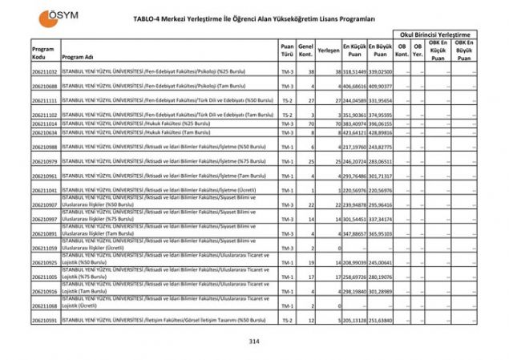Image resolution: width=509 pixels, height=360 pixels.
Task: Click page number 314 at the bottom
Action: (x=255, y=342)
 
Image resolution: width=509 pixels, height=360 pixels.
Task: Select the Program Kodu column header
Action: (x=43, y=53)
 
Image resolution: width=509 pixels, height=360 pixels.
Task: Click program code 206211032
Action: (x=45, y=71)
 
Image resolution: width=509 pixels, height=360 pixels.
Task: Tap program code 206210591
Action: (x=45, y=320)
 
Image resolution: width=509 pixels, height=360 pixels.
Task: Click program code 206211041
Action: (x=45, y=190)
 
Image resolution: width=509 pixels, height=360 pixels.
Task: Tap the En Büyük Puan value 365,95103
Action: (x=381, y=233)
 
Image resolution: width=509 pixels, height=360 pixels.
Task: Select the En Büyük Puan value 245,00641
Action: (x=381, y=262)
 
